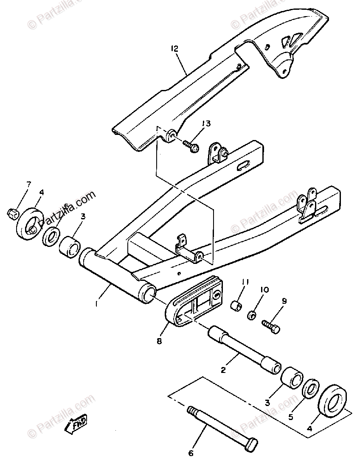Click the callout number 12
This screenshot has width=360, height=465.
pyautogui.click(x=174, y=49)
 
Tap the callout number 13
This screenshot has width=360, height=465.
pyautogui.click(x=206, y=124)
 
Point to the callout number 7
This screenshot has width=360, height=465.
pyautogui.click(x=29, y=184)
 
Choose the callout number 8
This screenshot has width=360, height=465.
pyautogui.click(x=159, y=340)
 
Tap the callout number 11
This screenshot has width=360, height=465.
pyautogui.click(x=245, y=282)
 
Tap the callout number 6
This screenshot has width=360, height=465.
pyautogui.click(x=191, y=453)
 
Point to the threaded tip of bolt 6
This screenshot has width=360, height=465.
pyautogui.click(x=192, y=411)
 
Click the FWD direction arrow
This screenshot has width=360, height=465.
pyautogui.click(x=77, y=422)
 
